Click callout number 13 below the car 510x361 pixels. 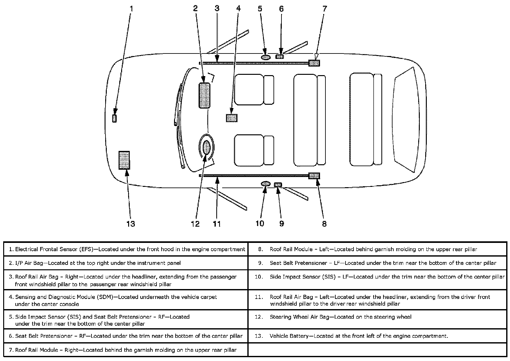131,224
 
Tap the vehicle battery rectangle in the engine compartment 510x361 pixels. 124,160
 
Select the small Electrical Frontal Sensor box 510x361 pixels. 114,118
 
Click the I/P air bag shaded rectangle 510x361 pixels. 204,96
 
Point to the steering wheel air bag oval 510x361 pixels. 207,147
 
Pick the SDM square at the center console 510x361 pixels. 232,118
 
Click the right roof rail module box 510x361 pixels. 314,63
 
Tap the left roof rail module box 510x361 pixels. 314,176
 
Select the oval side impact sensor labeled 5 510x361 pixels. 266,57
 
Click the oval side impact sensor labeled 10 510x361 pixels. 266,184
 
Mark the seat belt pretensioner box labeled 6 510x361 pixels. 280,57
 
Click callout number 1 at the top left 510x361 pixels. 131,9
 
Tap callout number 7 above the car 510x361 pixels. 324,9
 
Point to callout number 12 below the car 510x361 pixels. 195,224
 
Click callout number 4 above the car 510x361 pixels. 238,9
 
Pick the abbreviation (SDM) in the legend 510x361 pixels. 104,297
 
